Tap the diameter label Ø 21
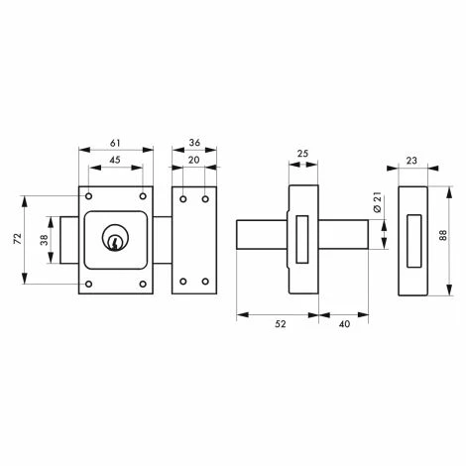tap(379, 205)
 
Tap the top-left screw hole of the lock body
tap(89, 194)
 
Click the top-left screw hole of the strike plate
tap(184, 196)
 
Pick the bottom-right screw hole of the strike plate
tap(206, 283)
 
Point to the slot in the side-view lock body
tap(303, 239)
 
